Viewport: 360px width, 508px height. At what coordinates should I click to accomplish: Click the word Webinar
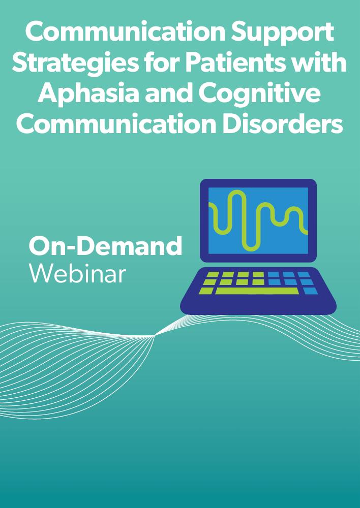pos(77,273)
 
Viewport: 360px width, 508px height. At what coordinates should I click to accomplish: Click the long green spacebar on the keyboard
pos(257,291)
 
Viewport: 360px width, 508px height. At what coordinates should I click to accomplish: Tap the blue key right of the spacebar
pos(310,291)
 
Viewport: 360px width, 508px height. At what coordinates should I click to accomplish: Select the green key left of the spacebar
pos(206,291)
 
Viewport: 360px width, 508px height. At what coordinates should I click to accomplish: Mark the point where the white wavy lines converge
pos(155,336)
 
